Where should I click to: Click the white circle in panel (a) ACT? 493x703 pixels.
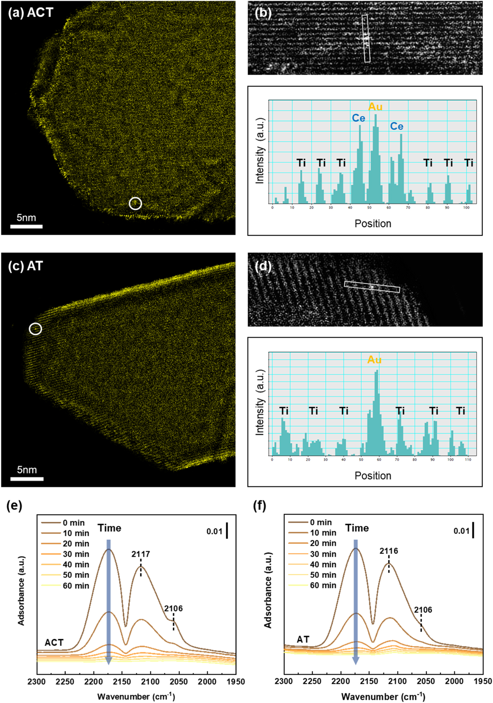coord(135,203)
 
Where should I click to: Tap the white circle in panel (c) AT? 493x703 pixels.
coord(35,329)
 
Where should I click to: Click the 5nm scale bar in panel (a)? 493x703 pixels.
coord(26,226)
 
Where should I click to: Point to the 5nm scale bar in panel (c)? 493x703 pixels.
coord(27,479)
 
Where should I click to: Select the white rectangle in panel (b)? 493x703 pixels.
coord(366,38)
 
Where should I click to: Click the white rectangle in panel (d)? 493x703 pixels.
coord(372,287)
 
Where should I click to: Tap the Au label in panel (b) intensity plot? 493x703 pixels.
coord(375,107)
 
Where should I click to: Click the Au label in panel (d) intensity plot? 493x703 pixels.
coord(374,360)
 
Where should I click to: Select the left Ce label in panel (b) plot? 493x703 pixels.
coord(358,118)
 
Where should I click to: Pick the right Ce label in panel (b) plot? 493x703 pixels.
coord(397,126)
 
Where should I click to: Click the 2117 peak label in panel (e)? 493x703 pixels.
coord(141,554)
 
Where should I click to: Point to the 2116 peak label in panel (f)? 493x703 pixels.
coord(389,551)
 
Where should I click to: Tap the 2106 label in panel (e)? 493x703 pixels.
coord(173,608)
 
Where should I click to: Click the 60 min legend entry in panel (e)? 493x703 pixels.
coord(76,586)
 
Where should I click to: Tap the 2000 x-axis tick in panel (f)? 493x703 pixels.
coord(454,681)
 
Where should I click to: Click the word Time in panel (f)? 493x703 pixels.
coord(357,528)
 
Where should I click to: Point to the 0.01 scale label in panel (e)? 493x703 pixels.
coord(214,531)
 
